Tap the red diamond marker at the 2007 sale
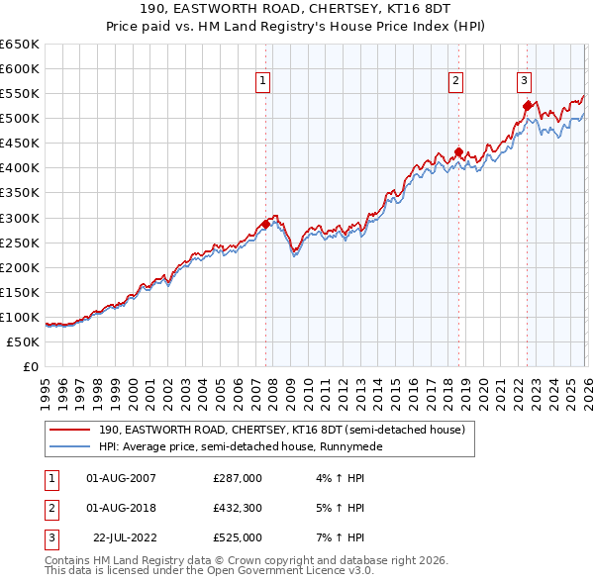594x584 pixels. (266, 224)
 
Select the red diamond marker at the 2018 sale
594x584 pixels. (458, 152)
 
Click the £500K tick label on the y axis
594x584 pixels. (20, 119)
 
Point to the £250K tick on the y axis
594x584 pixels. (20, 243)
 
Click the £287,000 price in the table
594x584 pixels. (238, 478)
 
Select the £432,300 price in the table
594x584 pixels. (238, 508)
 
